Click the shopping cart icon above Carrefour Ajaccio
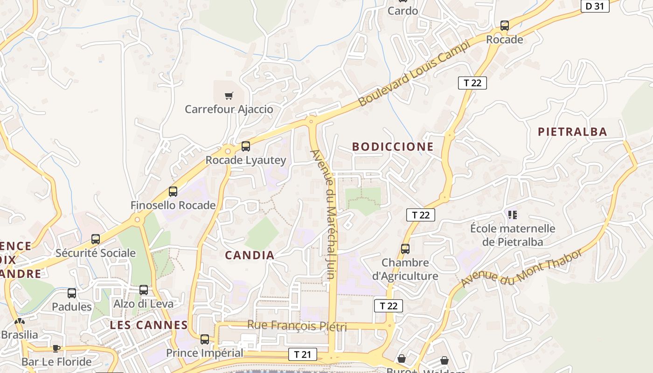pyautogui.click(x=229, y=96)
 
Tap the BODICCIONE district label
pyautogui.click(x=393, y=147)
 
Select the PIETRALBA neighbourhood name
pyautogui.click(x=573, y=132)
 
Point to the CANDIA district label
pyautogui.click(x=250, y=255)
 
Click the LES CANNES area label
pyautogui.click(x=149, y=325)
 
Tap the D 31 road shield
pyautogui.click(x=595, y=6)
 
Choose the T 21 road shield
pyautogui.click(x=302, y=354)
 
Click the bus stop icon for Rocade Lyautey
pyautogui.click(x=246, y=146)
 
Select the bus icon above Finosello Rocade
pyautogui.click(x=173, y=191)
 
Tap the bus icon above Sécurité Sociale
pyautogui.click(x=96, y=239)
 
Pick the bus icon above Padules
pyautogui.click(x=72, y=293)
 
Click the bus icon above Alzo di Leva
pyautogui.click(x=144, y=290)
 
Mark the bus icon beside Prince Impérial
pyautogui.click(x=205, y=339)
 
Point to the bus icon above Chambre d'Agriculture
pyautogui.click(x=405, y=249)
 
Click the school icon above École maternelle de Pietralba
pyautogui.click(x=513, y=215)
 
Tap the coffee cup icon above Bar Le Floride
pyautogui.click(x=56, y=348)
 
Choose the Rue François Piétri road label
pyautogui.click(x=297, y=325)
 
